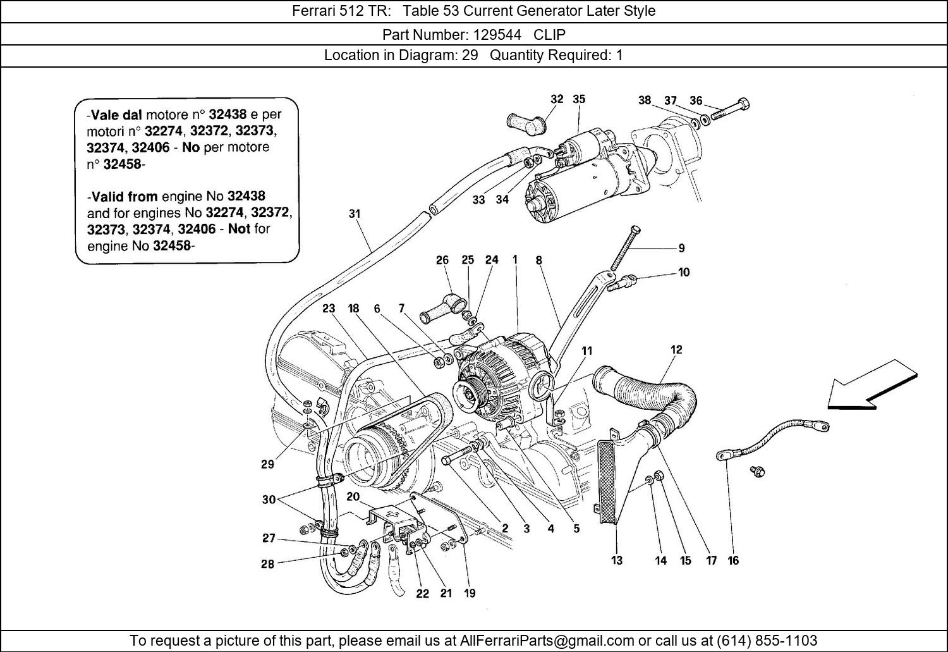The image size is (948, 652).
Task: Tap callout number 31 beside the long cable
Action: (x=355, y=214)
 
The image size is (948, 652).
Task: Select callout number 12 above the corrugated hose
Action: (x=676, y=350)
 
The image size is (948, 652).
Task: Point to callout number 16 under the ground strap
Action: (x=733, y=560)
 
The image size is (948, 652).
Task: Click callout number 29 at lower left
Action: (x=267, y=464)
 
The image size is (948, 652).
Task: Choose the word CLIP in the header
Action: (x=550, y=34)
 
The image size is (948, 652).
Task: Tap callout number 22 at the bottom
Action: (x=422, y=593)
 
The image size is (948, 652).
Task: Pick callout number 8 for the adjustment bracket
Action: (x=538, y=260)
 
